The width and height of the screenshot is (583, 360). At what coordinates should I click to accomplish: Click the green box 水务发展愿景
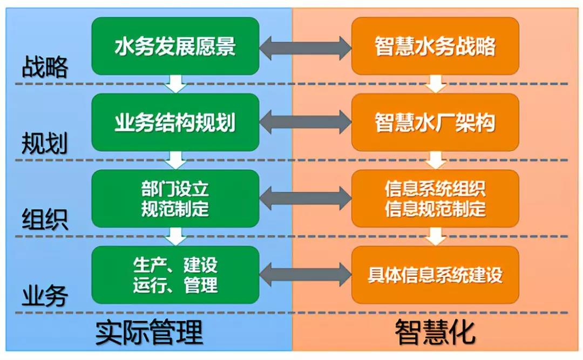point(175,46)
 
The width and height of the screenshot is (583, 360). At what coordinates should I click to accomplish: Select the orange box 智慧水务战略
point(435,46)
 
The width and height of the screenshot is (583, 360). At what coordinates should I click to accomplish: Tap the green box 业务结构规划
point(175,123)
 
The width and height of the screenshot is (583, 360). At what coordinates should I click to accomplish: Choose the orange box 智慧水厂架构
point(435,123)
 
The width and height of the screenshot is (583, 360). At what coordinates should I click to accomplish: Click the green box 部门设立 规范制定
point(175,199)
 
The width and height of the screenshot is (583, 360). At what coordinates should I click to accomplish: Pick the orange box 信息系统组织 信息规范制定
point(435,199)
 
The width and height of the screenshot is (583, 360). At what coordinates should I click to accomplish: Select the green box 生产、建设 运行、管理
point(175,275)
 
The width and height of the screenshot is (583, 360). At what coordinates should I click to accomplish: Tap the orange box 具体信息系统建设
point(435,275)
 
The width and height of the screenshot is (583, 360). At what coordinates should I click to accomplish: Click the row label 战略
point(45,67)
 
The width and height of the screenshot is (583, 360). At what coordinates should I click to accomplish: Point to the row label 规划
point(45,143)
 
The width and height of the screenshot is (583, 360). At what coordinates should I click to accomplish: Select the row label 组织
point(45,220)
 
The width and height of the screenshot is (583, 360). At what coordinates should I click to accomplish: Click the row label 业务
point(45,296)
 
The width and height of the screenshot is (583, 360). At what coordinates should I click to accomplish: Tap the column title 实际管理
point(149,332)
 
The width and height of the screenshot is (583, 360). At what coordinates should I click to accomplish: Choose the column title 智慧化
point(435,332)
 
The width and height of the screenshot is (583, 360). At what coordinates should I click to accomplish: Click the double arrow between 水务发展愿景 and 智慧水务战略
point(305,48)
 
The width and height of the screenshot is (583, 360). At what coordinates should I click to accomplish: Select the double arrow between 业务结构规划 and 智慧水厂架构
point(305,123)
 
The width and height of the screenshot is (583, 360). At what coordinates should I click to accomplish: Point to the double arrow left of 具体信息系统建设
point(305,275)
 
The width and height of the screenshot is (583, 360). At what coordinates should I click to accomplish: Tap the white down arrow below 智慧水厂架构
point(436,160)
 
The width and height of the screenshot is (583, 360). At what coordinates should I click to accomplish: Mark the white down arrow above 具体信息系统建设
point(436,236)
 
